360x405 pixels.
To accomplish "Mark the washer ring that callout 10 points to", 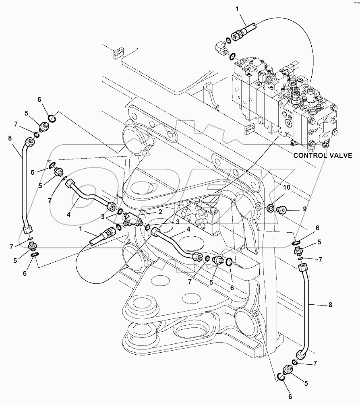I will click(270, 208).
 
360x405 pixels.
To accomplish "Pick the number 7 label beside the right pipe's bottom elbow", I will click(315, 363).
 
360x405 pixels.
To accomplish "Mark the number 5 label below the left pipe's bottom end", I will click(15, 260).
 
